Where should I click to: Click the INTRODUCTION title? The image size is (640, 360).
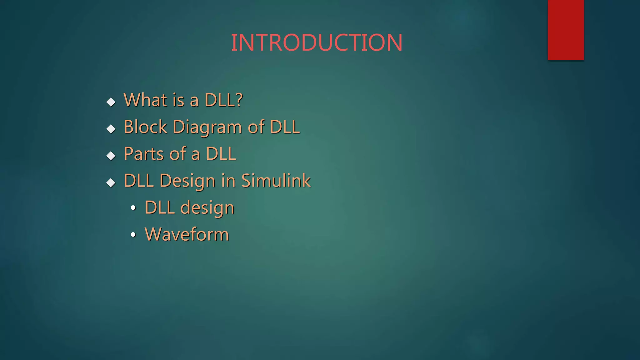(x=317, y=42)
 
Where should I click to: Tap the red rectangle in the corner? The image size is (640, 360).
(x=566, y=30)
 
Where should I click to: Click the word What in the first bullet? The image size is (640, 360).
(x=145, y=100)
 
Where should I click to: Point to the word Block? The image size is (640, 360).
(x=145, y=127)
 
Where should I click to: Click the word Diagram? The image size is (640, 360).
(x=207, y=127)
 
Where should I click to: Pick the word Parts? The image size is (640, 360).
(x=144, y=154)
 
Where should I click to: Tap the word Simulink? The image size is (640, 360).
(x=276, y=181)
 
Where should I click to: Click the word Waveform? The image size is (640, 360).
(x=187, y=234)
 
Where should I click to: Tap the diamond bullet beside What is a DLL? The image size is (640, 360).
(x=111, y=102)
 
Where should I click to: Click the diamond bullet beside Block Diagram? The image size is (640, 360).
(x=111, y=129)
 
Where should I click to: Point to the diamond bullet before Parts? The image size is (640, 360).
(x=111, y=156)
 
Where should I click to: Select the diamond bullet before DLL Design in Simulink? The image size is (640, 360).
(x=111, y=182)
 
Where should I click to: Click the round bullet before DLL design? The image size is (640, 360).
(x=133, y=208)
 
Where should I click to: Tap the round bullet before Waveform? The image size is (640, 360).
(x=133, y=235)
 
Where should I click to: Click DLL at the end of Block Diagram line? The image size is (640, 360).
(x=285, y=127)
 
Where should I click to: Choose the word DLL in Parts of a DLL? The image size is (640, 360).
(x=221, y=154)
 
